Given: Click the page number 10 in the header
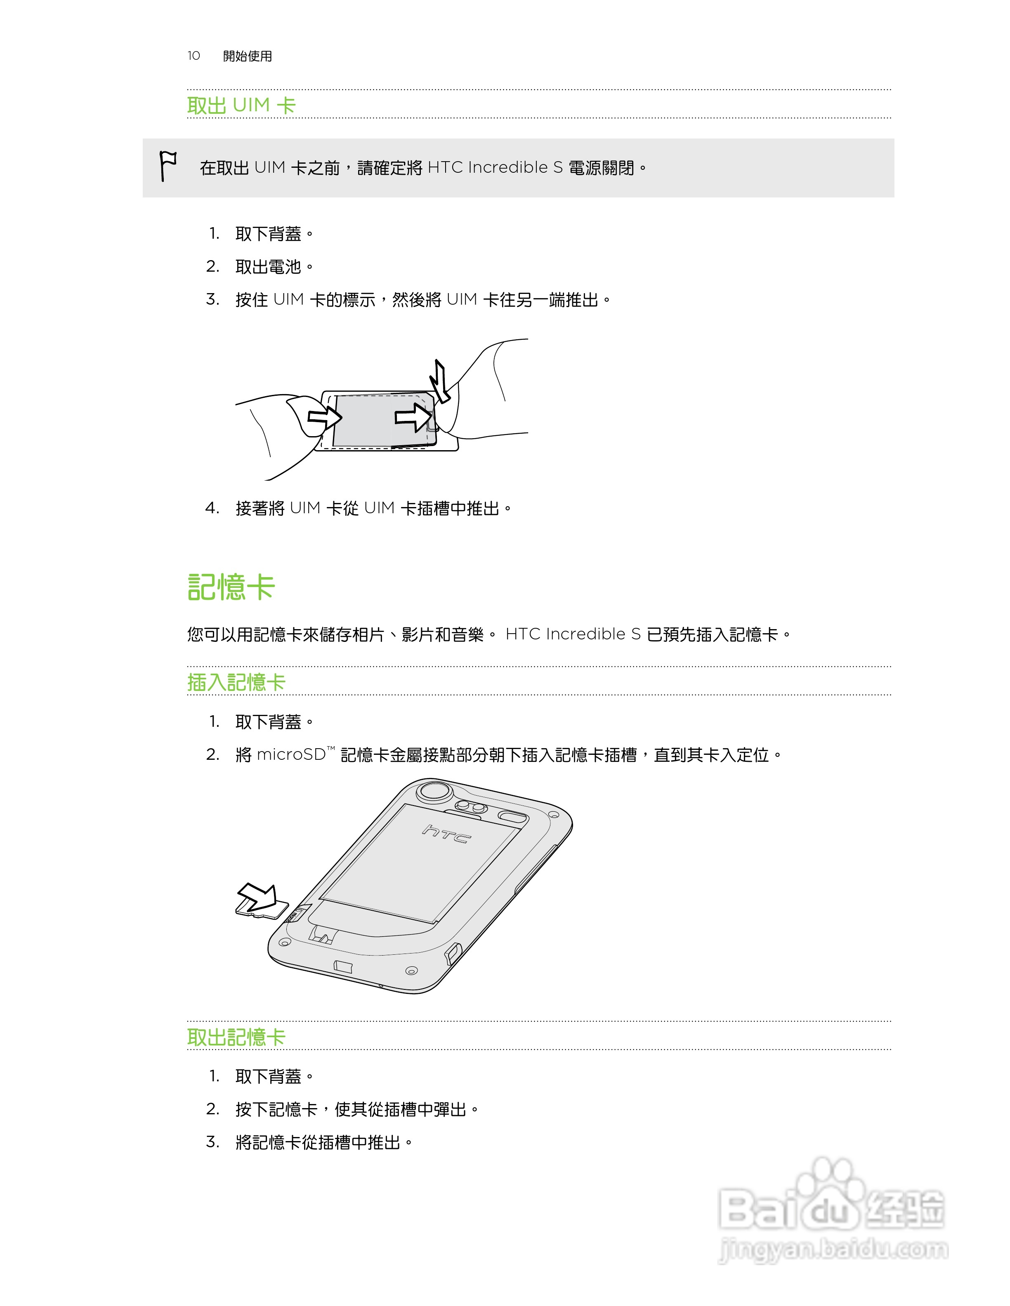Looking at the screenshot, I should pos(193,56).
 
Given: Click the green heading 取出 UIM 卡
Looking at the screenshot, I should pos(241,105).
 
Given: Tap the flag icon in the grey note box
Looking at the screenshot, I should pos(168,166).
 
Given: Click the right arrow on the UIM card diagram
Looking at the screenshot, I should pos(413,417).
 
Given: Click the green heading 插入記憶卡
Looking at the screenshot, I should pos(236,682).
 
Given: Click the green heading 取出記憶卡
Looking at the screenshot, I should pos(236,1037).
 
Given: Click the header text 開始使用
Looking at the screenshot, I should pos(247,56).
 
